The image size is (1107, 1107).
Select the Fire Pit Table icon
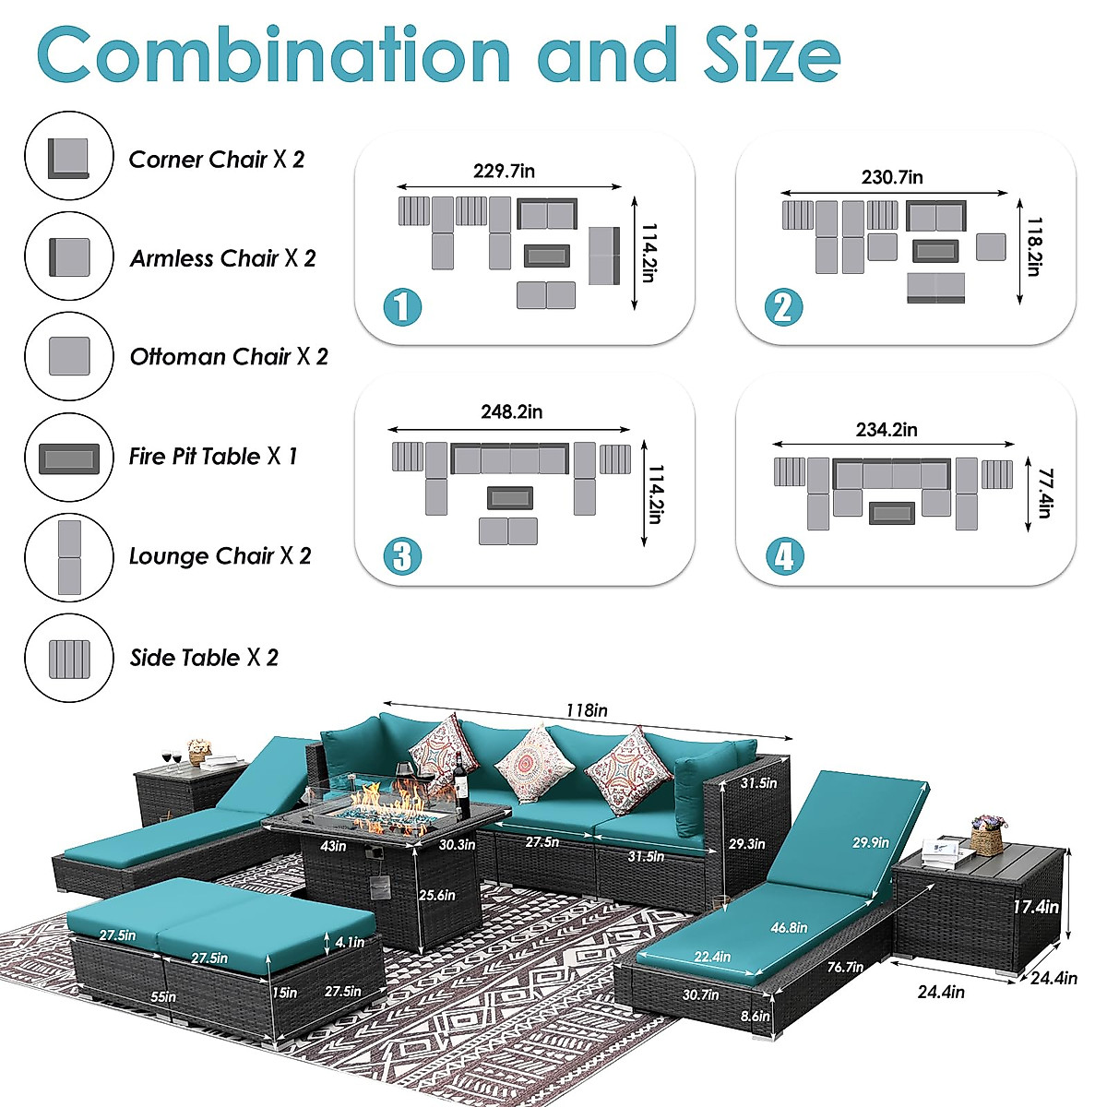tap(69, 458)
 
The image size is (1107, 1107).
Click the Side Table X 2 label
tap(203, 658)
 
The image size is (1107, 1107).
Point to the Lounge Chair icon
tap(69, 557)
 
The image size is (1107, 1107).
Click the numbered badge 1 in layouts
tap(402, 307)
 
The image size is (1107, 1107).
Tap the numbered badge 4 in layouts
tap(784, 556)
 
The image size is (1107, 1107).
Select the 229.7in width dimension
tap(504, 171)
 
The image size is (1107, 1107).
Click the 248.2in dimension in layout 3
tap(511, 411)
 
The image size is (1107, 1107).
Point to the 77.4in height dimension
tap(1043, 494)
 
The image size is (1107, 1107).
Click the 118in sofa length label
tap(587, 710)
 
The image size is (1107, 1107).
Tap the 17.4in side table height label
tap(1035, 907)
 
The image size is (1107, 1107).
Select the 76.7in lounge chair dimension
tap(844, 967)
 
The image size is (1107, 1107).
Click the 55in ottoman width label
tap(163, 996)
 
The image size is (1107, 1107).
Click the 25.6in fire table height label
tap(436, 895)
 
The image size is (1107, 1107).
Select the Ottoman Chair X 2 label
tap(228, 357)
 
